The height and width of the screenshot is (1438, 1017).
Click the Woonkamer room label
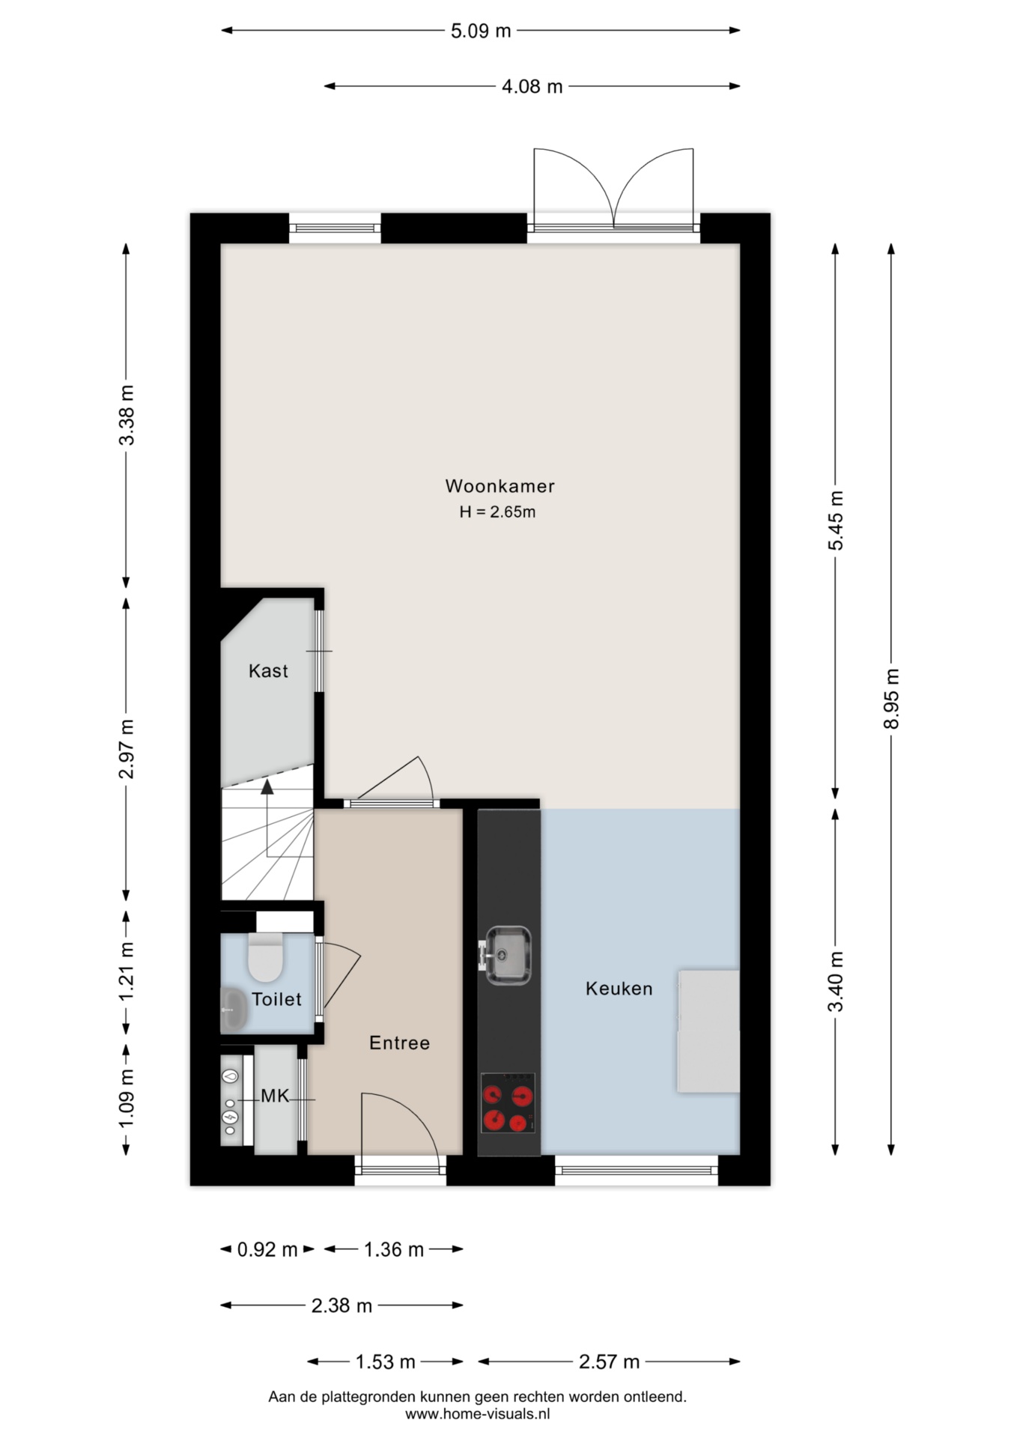(x=500, y=486)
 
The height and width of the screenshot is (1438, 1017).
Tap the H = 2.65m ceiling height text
(x=497, y=512)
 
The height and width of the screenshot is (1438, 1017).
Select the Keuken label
(x=619, y=989)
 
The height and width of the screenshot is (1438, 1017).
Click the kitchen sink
(x=507, y=955)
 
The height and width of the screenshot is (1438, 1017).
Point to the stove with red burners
(x=508, y=1102)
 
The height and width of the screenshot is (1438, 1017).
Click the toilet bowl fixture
(x=265, y=957)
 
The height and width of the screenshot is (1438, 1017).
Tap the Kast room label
(x=268, y=671)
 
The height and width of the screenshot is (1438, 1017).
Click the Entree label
(x=399, y=1043)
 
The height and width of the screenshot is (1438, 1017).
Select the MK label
(x=275, y=1096)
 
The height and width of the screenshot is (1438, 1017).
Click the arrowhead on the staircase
(x=267, y=786)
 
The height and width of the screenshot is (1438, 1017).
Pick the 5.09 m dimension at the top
(x=481, y=31)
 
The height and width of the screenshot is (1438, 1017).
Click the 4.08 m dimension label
(x=532, y=86)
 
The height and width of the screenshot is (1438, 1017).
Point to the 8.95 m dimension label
(x=891, y=699)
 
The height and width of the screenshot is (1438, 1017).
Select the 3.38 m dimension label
(x=127, y=415)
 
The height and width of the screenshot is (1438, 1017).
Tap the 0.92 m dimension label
(x=267, y=1249)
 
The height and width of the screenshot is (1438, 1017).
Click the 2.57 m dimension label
(x=609, y=1362)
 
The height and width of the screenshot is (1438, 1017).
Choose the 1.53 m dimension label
(x=385, y=1362)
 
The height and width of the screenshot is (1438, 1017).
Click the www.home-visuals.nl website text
(x=478, y=1414)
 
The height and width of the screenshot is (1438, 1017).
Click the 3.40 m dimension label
(x=836, y=981)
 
